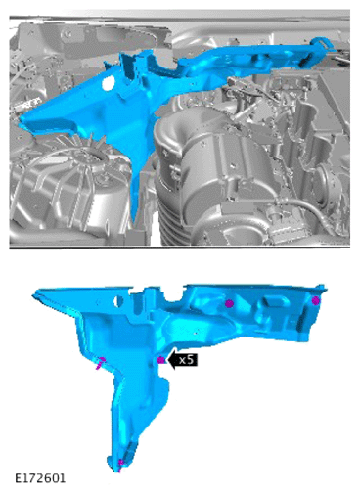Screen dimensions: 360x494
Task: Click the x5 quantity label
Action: [187, 360]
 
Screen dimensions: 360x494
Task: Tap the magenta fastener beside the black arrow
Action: [160, 360]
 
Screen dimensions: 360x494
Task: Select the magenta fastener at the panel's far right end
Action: [315, 300]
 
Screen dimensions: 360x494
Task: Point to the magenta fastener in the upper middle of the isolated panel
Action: [229, 303]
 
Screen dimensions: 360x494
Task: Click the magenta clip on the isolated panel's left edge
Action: [101, 363]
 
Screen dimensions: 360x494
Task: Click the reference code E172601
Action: [40, 478]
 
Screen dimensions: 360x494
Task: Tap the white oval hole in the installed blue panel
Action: [107, 83]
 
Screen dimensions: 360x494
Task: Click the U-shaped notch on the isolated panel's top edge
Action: [173, 296]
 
